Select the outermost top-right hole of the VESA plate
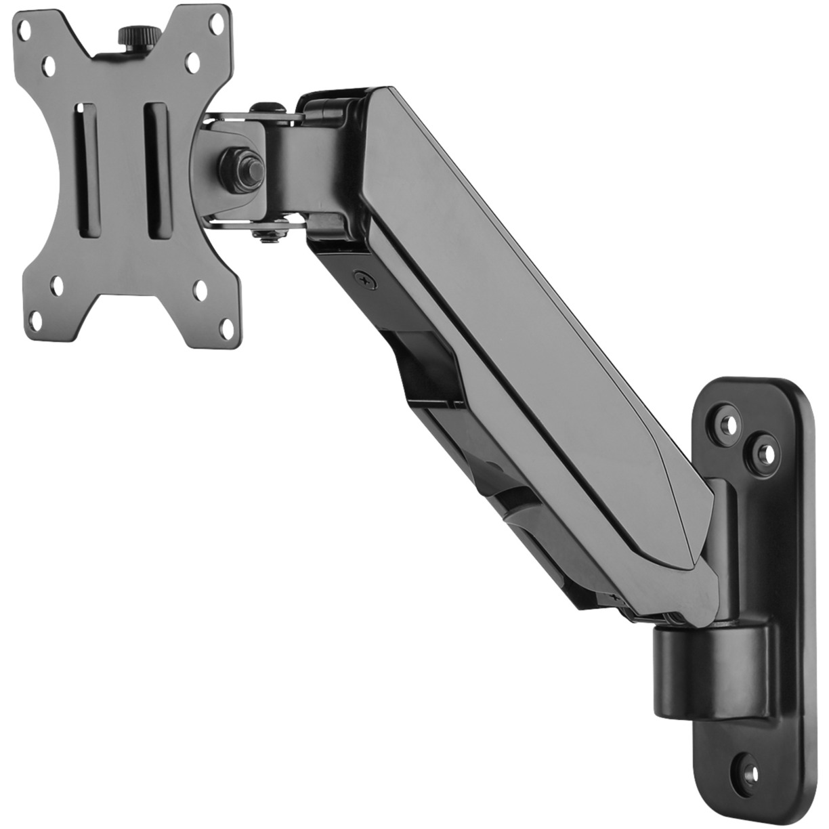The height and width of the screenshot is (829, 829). pyautogui.click(x=217, y=24)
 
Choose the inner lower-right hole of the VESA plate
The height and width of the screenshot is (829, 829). pyautogui.click(x=200, y=289)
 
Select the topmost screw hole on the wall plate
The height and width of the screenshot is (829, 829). pyautogui.click(x=729, y=424)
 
